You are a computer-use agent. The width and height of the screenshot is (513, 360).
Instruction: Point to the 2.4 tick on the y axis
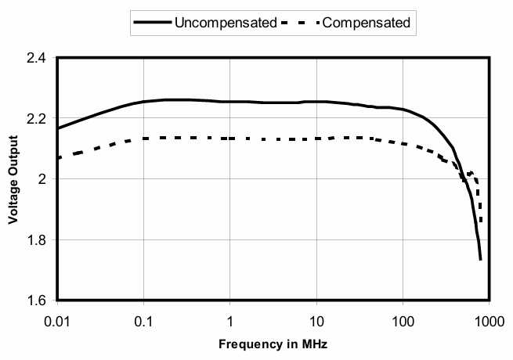pos(35,58)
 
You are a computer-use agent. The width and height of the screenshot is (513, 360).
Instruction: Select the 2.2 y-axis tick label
pos(35,119)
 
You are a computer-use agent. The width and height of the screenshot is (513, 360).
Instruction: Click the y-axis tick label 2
pos(42,179)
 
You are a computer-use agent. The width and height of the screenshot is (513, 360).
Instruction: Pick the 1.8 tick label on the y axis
pos(35,240)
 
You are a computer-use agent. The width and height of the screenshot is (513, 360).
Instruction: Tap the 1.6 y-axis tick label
pos(35,301)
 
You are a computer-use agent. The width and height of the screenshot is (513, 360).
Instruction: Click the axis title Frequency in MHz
pos(273,343)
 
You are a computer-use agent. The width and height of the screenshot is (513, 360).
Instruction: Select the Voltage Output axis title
pos(13,179)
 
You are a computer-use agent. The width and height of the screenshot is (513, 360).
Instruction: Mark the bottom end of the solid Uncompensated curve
pos(480,259)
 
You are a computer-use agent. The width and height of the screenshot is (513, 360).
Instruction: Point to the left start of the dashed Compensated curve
pos(58,158)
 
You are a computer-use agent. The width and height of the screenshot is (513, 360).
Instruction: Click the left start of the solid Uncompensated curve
pos(58,128)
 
